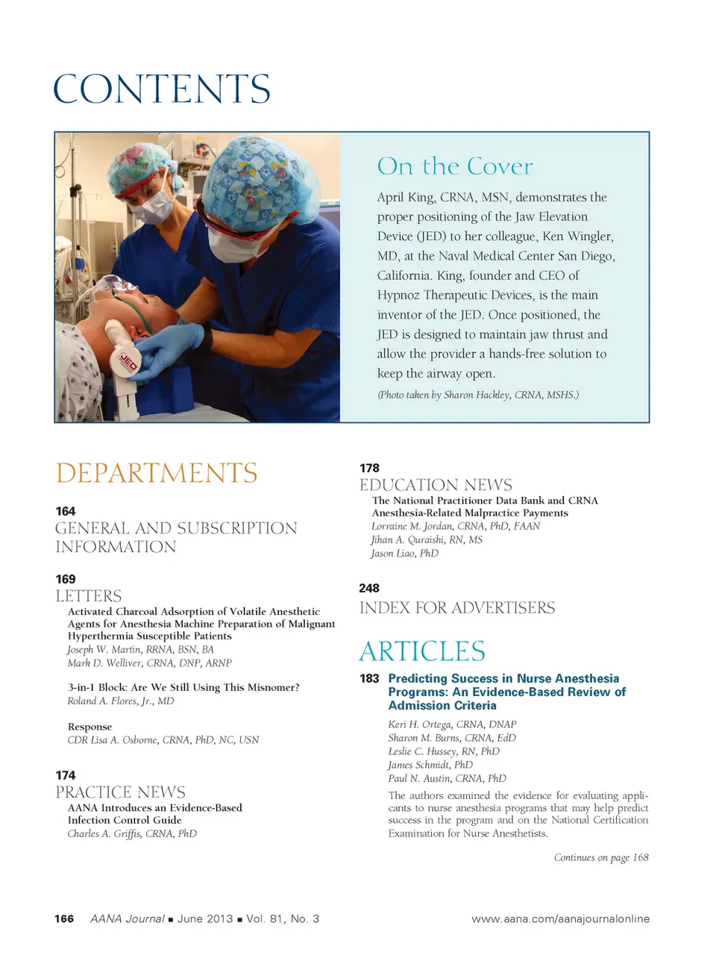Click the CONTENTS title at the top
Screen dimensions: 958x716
coord(162,89)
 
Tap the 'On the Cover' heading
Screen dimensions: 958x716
coord(455,166)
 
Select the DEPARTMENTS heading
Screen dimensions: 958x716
coord(157,473)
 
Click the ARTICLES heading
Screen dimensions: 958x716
coord(422,651)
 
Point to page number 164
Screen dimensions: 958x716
coord(66,511)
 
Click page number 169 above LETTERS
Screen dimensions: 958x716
coord(66,579)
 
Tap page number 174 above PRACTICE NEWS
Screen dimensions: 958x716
coord(66,775)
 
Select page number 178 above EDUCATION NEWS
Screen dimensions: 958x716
coord(369,468)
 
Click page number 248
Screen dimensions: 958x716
coord(369,588)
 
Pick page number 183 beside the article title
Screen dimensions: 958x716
coord(369,678)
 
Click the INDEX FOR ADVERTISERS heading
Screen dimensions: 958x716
coord(457,608)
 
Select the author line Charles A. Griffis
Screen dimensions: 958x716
coord(132,833)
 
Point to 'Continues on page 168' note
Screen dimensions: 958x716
coord(601,857)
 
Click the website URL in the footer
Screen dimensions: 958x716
coord(560,918)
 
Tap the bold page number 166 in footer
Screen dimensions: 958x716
coord(64,918)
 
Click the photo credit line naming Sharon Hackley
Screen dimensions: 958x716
coord(478,395)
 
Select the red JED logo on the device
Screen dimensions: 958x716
coord(129,363)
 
